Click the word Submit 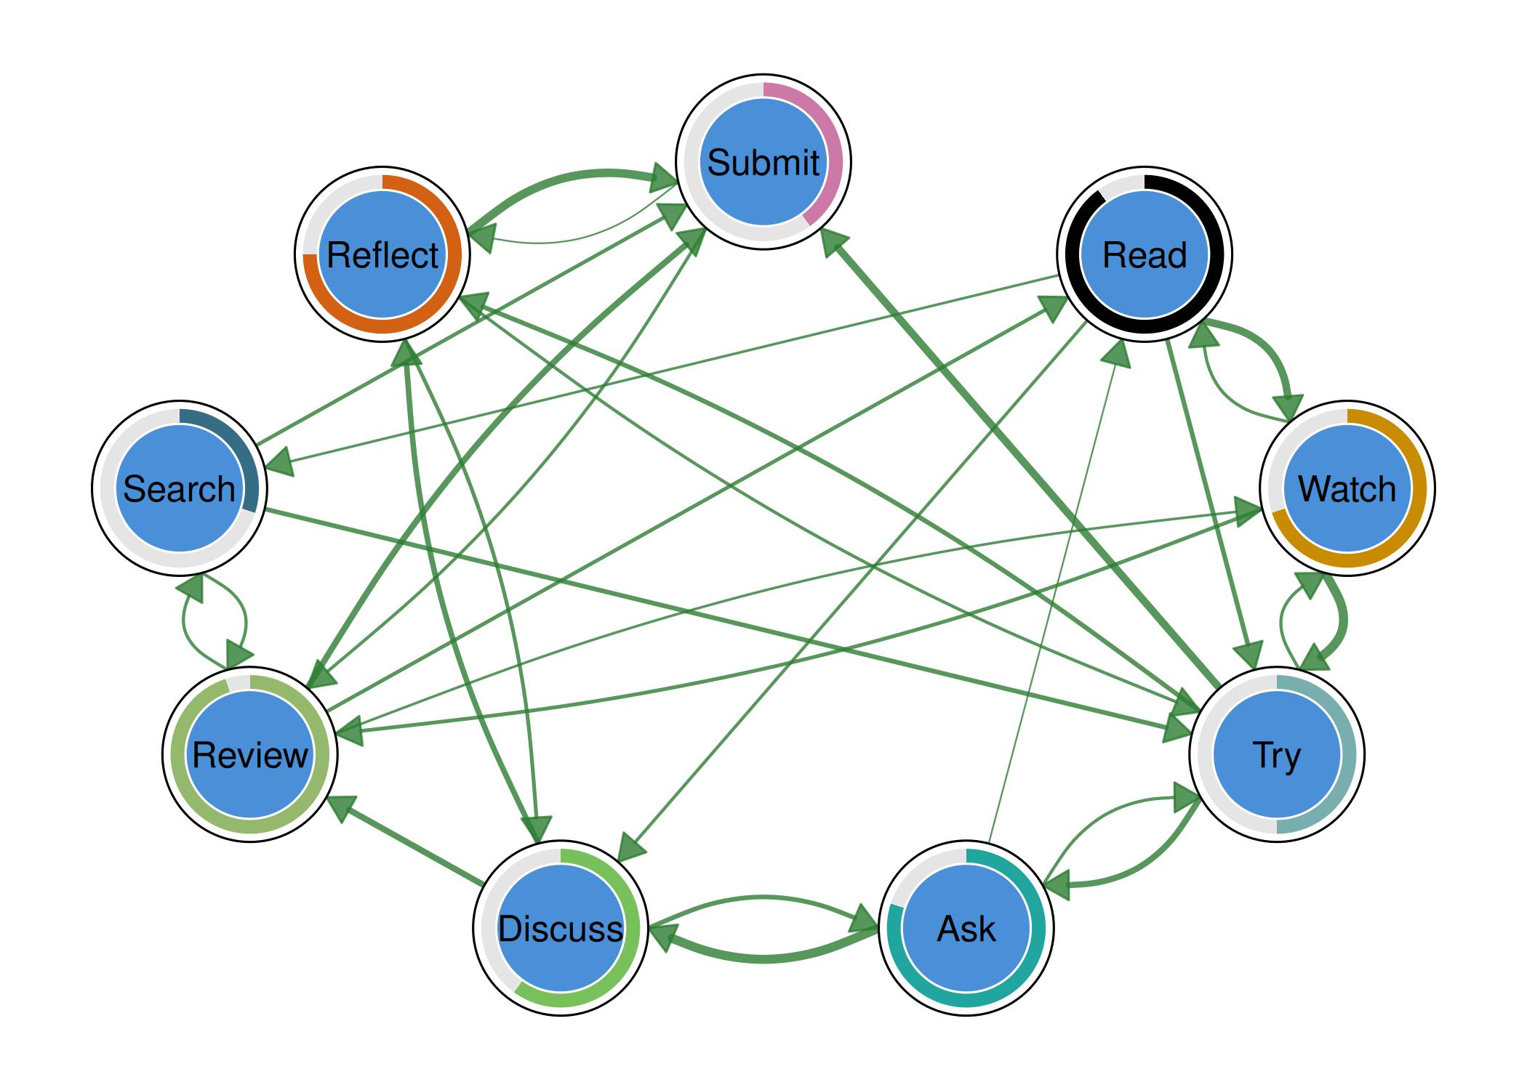click(x=763, y=162)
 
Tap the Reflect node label click(x=382, y=255)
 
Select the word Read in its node click(x=1144, y=255)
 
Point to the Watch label click(x=1347, y=489)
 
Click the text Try click(x=1276, y=756)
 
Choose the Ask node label click(x=966, y=929)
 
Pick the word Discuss click(x=560, y=929)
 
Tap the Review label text click(x=250, y=756)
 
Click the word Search click(x=179, y=489)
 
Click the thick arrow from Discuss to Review click(x=407, y=844)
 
